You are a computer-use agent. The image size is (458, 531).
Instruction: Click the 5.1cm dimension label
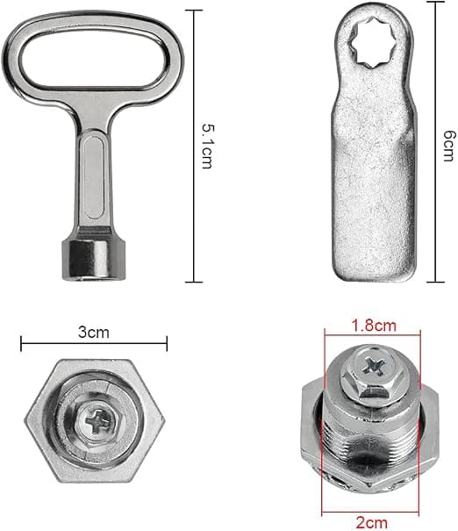click(x=208, y=147)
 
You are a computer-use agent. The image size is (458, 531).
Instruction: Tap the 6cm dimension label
click(x=449, y=146)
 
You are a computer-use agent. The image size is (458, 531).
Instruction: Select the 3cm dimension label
click(x=94, y=333)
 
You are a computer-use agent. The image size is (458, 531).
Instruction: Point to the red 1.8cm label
click(x=374, y=326)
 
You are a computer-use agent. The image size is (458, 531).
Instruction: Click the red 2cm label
click(x=372, y=522)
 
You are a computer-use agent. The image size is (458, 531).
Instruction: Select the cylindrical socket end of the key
click(x=93, y=260)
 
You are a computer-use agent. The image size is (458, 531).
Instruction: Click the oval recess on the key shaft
click(x=93, y=176)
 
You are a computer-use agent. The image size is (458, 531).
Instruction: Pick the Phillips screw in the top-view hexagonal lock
click(x=97, y=421)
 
